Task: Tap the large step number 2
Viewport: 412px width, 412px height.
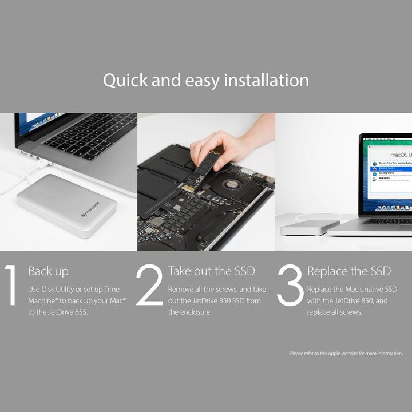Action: pos(149,285)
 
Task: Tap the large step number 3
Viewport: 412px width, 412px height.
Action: pos(290,285)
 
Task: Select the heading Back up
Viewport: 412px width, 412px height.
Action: pos(48,271)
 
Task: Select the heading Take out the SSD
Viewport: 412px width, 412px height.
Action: pos(211,271)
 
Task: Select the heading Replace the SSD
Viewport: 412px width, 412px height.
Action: pos(349,271)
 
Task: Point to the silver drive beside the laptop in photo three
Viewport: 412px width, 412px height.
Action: pos(309,228)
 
